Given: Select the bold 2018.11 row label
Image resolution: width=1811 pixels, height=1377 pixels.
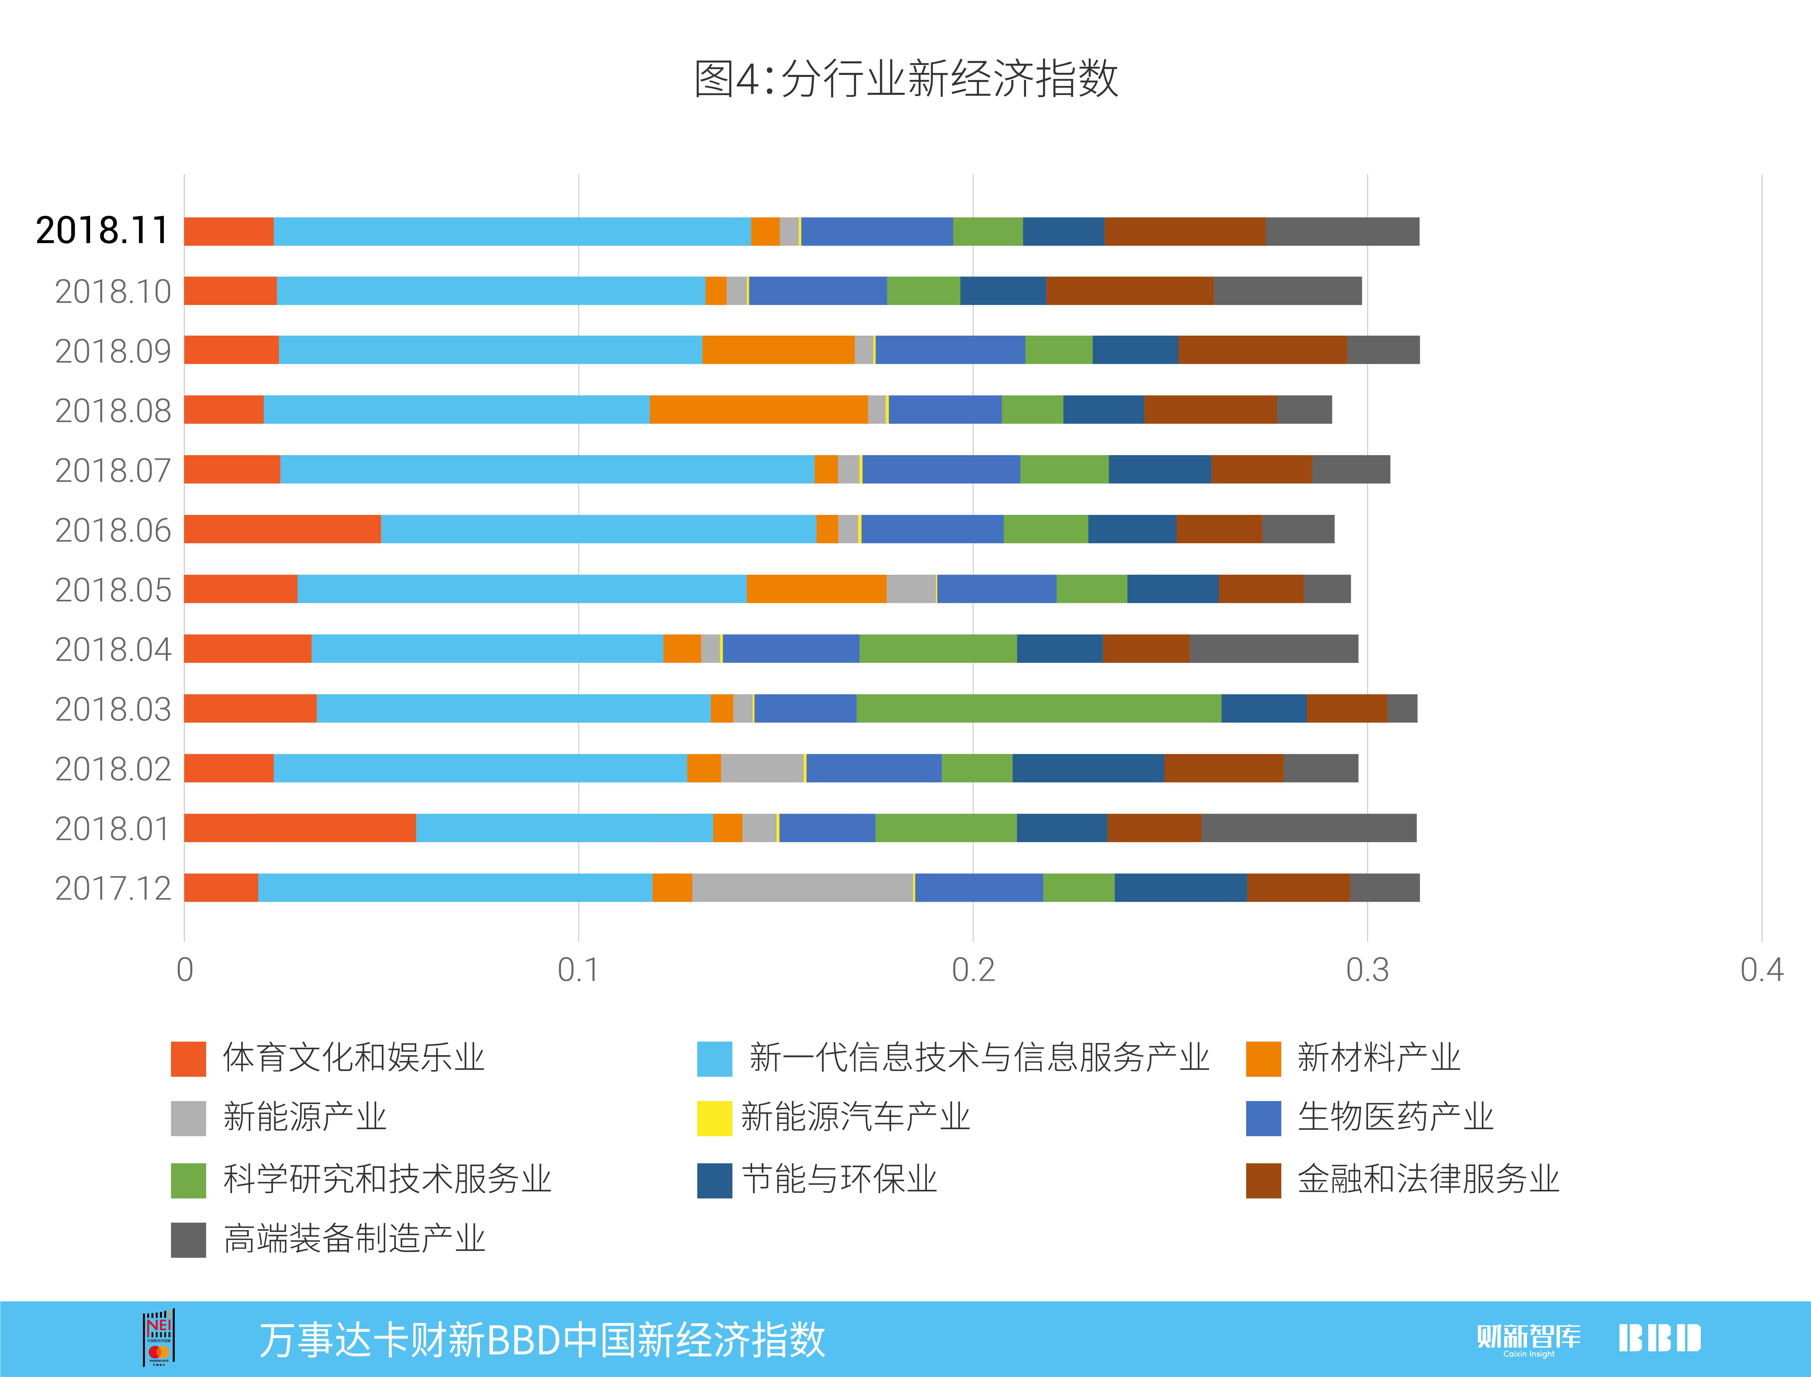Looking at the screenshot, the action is (x=103, y=230).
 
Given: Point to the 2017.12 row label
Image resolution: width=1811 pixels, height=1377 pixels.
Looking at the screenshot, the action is (x=113, y=889).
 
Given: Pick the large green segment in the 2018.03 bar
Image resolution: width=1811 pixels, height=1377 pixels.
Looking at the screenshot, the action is (x=1039, y=708).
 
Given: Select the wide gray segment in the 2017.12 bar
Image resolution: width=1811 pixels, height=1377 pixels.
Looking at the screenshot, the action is (x=803, y=888).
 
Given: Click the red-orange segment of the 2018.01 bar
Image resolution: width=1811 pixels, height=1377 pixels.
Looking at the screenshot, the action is (x=300, y=828).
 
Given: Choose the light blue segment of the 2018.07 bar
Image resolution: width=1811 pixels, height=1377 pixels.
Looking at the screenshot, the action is (x=547, y=469).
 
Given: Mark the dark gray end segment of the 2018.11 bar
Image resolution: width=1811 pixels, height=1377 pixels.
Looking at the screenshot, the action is (x=1342, y=231).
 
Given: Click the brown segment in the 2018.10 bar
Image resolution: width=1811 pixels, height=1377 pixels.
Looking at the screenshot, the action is (x=1130, y=291).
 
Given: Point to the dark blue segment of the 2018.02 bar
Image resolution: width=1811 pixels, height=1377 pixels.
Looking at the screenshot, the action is (x=1088, y=768).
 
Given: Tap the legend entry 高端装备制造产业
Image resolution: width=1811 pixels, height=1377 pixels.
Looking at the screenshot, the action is (x=328, y=1238).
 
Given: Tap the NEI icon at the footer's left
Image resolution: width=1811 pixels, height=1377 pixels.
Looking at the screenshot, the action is (x=159, y=1338).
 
